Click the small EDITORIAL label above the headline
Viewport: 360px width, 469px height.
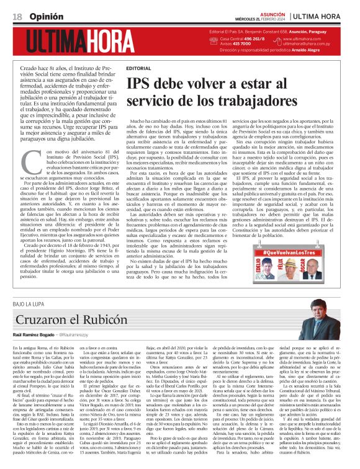(138, 67)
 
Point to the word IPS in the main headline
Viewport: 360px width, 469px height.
(138, 84)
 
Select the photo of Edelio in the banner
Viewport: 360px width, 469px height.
(269, 271)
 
